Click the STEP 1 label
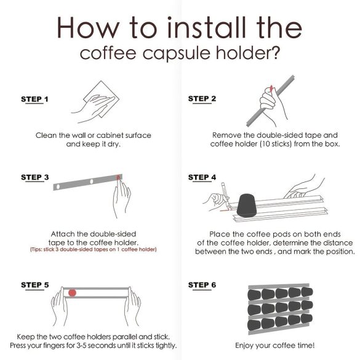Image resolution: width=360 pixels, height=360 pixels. [34, 99]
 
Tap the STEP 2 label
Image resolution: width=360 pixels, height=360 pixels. [202, 98]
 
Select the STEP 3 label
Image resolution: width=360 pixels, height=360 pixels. [34, 177]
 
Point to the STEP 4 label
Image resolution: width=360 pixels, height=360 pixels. [202, 177]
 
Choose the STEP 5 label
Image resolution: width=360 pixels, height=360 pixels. [34, 285]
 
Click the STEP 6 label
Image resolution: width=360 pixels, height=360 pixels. [202, 285]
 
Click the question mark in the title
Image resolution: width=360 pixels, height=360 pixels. [276, 52]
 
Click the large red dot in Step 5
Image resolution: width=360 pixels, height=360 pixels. [73, 292]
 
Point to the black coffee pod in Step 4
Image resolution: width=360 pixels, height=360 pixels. [247, 204]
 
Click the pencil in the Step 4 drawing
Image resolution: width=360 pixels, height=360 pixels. [224, 191]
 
